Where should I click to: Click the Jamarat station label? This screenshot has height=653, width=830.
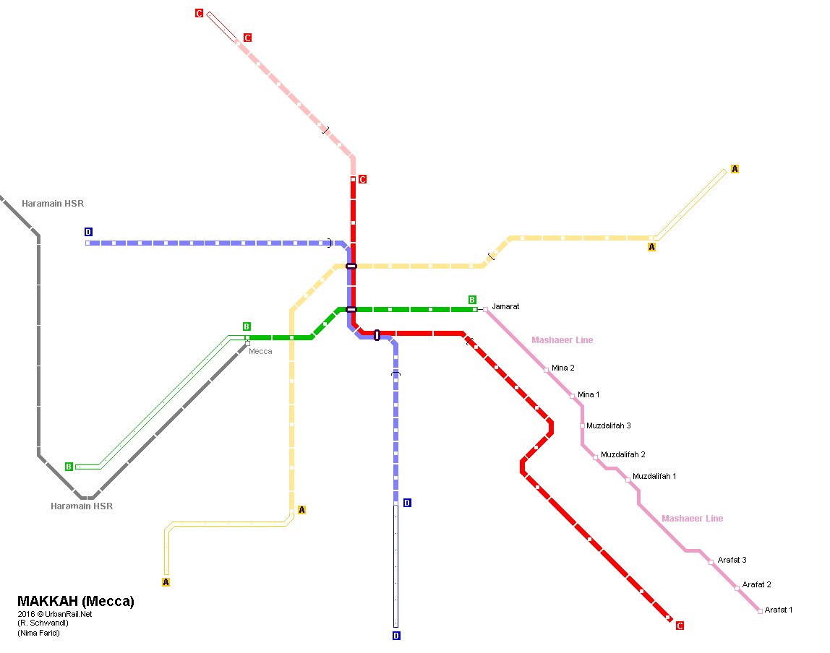click(x=505, y=307)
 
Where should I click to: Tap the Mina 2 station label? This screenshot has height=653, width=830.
click(x=562, y=368)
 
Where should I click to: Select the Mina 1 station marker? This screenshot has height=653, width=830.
click(x=572, y=396)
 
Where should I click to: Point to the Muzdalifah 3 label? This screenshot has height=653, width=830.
click(x=608, y=426)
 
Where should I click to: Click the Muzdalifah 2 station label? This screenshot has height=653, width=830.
click(x=622, y=455)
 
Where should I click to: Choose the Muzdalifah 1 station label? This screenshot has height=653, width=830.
click(x=654, y=477)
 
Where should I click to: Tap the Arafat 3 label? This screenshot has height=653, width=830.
click(x=732, y=561)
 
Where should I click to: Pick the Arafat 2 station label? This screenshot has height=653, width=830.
click(x=756, y=585)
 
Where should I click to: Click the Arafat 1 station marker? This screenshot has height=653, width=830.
click(x=760, y=611)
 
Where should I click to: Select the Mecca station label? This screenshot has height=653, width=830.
click(x=260, y=352)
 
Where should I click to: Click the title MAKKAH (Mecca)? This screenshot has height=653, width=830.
click(x=76, y=602)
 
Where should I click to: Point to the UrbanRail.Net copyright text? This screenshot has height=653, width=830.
click(x=56, y=614)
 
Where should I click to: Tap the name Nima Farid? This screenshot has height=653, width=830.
click(x=39, y=633)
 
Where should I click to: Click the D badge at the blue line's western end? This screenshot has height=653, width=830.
click(x=88, y=232)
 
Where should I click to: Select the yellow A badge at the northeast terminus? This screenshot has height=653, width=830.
click(x=735, y=169)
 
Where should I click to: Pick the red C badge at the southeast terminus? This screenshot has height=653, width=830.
click(x=680, y=626)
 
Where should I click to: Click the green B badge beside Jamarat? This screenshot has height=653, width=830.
click(x=472, y=300)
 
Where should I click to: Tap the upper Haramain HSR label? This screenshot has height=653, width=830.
click(x=53, y=204)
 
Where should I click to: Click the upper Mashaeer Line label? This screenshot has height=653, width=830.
click(x=562, y=340)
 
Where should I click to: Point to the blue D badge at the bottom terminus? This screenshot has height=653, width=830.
click(x=395, y=636)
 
